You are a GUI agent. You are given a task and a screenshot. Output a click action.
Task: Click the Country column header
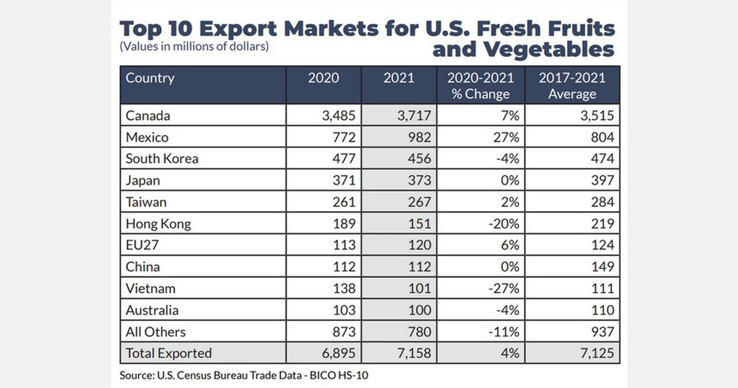click(150, 78)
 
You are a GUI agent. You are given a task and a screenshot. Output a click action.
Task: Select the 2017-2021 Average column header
click(572, 86)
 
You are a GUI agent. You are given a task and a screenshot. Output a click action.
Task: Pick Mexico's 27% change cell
click(507, 137)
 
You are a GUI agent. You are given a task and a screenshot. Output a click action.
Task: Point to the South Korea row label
click(162, 158)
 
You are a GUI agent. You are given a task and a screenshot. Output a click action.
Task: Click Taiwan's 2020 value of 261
click(343, 201)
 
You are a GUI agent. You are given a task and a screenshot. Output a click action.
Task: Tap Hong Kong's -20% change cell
click(502, 224)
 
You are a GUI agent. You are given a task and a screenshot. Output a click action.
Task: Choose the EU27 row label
click(143, 245)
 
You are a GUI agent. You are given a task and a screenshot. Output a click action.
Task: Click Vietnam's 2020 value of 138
click(343, 288)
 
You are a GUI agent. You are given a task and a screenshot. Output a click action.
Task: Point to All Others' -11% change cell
click(504, 332)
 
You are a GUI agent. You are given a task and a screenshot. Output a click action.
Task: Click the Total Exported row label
click(169, 353)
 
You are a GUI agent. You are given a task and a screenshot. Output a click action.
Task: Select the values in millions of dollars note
click(194, 47)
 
